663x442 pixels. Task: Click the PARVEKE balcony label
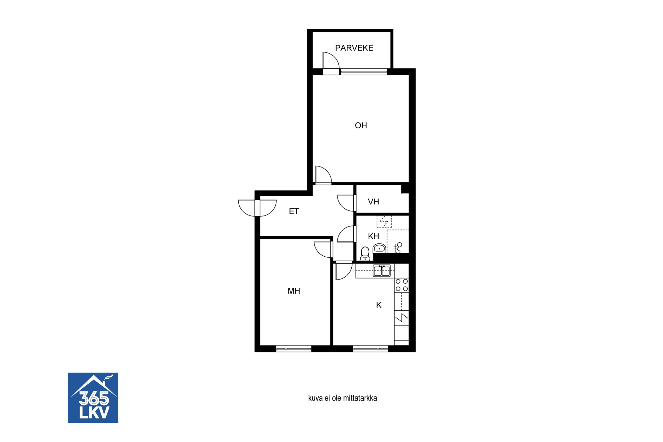pyautogui.click(x=354, y=48)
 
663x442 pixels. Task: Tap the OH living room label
pyautogui.click(x=361, y=125)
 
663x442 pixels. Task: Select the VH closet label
pyautogui.click(x=373, y=202)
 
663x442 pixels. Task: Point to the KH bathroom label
pyautogui.click(x=373, y=236)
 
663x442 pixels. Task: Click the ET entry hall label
pyautogui.click(x=294, y=211)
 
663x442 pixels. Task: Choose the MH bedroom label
pyautogui.click(x=294, y=291)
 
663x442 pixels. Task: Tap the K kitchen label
pyautogui.click(x=379, y=305)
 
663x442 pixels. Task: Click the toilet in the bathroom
pyautogui.click(x=365, y=254)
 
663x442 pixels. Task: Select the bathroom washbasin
pyautogui.click(x=379, y=248)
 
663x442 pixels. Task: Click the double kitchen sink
pyautogui.click(x=382, y=271)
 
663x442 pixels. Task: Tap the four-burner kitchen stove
pyautogui.click(x=401, y=285)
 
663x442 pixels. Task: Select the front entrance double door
pyautogui.click(x=257, y=208)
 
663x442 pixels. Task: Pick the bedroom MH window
pyautogui.click(x=294, y=348)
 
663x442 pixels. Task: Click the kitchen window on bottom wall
pyautogui.click(x=370, y=348)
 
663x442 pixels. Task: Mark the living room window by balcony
pyautogui.click(x=364, y=72)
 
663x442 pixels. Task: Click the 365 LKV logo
pyautogui.click(x=93, y=398)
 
